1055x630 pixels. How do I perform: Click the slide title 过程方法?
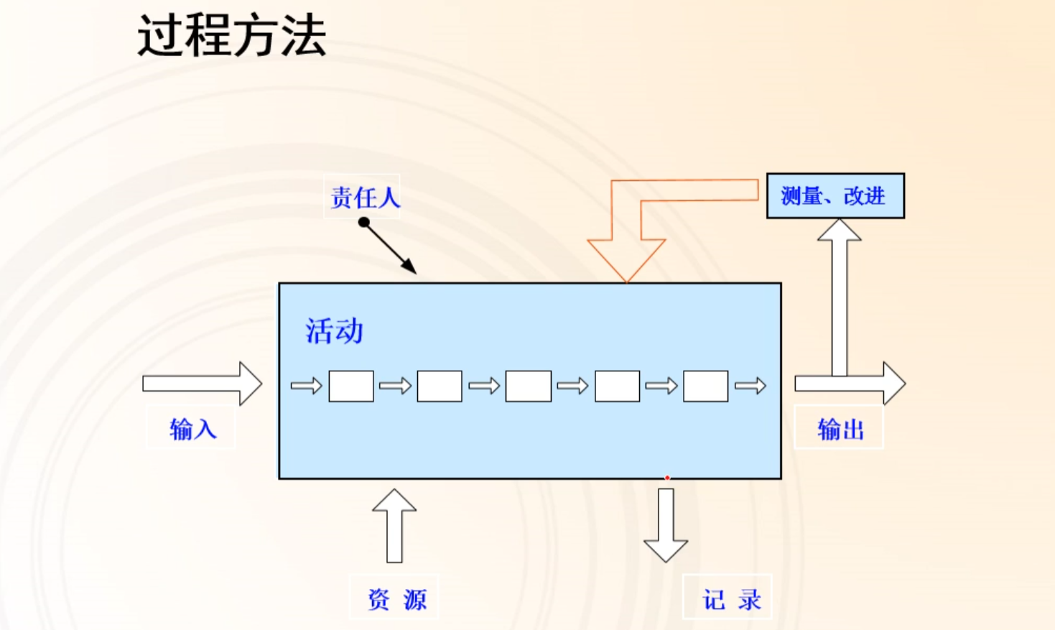click(x=231, y=35)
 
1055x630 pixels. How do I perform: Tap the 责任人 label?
click(x=364, y=197)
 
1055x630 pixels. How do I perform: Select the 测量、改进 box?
click(x=835, y=195)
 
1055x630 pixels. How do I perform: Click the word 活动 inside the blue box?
click(x=334, y=331)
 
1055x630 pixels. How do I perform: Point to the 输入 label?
click(x=192, y=429)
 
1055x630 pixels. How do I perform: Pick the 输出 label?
click(x=840, y=429)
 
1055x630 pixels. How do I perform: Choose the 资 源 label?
click(x=396, y=598)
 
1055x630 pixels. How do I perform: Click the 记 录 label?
click(x=730, y=598)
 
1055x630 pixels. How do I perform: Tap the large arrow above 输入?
click(x=202, y=384)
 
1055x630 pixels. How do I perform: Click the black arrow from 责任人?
click(x=389, y=247)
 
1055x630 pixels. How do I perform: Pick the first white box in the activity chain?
click(x=351, y=386)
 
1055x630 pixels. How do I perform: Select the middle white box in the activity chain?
click(x=529, y=386)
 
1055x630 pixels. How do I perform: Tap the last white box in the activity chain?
click(x=705, y=386)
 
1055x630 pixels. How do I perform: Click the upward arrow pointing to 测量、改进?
click(x=840, y=295)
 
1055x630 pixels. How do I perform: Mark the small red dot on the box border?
click(x=667, y=478)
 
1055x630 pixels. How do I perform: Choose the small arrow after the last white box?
click(x=750, y=386)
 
